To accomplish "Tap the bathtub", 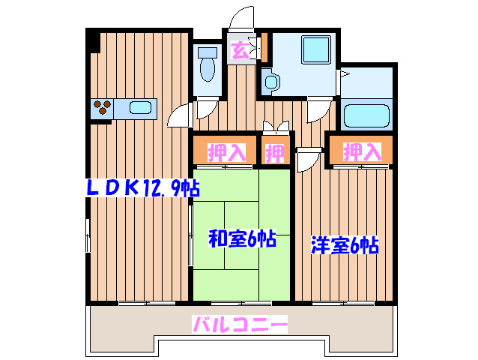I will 366,116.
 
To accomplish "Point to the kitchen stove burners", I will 103,108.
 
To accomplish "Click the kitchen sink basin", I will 140,108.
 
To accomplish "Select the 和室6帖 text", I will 241,240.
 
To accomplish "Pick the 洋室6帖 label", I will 344,244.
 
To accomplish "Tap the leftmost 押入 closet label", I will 226,153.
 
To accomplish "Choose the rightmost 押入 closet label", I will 363,152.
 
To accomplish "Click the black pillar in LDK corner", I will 94,40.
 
